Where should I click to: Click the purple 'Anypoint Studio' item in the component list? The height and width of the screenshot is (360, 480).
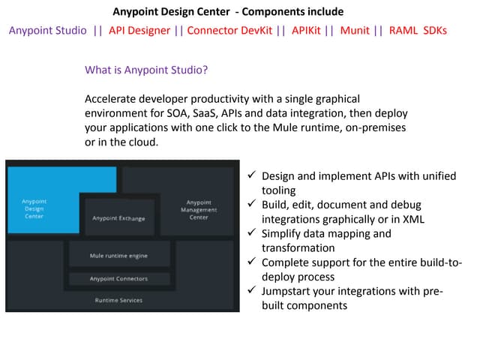point(48,31)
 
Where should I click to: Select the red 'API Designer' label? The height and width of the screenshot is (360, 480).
point(139,31)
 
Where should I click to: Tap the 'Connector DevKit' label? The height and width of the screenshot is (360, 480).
point(229,31)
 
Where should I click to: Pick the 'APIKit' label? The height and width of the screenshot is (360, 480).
point(306,31)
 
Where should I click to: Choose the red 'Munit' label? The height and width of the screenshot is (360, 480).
point(355,31)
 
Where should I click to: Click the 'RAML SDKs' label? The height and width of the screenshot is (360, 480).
point(418,31)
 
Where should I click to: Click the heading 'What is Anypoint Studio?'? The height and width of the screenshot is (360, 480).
point(146,70)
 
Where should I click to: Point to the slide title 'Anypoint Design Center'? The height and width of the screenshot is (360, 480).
point(171,12)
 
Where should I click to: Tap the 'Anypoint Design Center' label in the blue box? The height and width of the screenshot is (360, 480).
point(34,208)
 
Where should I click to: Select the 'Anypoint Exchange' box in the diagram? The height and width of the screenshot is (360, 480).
point(119,217)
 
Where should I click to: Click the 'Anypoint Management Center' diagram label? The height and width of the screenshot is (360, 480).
point(199,210)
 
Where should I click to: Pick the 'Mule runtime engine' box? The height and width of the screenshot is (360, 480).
point(119,253)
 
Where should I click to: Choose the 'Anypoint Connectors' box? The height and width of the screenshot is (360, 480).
point(119,278)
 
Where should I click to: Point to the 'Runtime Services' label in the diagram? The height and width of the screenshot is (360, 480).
point(118,300)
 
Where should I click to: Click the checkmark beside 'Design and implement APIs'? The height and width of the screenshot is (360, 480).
point(252,175)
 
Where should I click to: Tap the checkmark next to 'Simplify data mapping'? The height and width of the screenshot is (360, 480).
point(252,232)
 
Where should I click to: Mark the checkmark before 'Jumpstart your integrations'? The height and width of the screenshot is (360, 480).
point(252,289)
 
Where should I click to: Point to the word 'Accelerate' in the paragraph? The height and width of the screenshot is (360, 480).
point(110,99)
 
